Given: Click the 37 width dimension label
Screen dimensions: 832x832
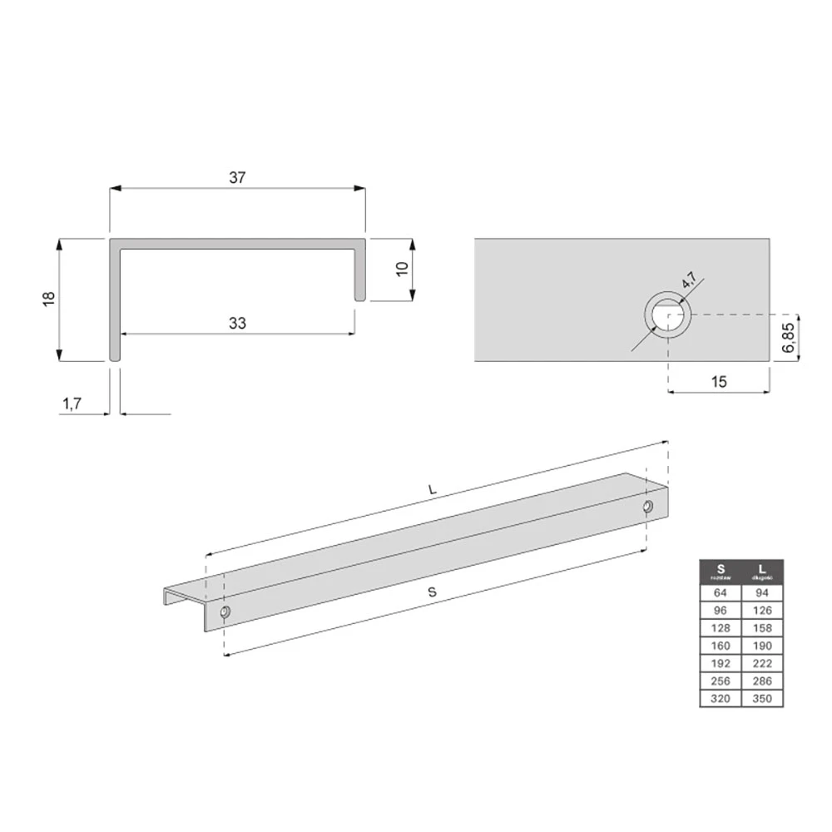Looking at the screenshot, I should [239, 177].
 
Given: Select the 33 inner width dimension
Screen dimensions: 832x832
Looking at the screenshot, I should [238, 324].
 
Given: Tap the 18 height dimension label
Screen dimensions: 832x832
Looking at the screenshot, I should [47, 300].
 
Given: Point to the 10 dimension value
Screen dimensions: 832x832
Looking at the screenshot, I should [402, 270].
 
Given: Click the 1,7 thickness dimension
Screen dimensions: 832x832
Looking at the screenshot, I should [72, 404].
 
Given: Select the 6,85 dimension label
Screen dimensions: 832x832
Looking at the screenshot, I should [790, 338].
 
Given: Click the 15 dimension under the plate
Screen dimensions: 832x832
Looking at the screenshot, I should [720, 381].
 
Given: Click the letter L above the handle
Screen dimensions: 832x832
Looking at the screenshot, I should [432, 492].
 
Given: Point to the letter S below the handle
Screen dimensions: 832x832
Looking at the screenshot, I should [432, 592].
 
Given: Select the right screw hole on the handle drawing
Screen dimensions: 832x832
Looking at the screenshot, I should [648, 508].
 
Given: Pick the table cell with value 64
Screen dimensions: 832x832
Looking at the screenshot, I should [721, 593].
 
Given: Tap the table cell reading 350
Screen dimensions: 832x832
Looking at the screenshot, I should [762, 699].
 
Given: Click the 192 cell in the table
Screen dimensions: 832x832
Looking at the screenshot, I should [721, 664].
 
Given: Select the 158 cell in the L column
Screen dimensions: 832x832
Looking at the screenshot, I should [762, 629].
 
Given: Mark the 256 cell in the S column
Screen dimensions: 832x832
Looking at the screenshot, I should [721, 681].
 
